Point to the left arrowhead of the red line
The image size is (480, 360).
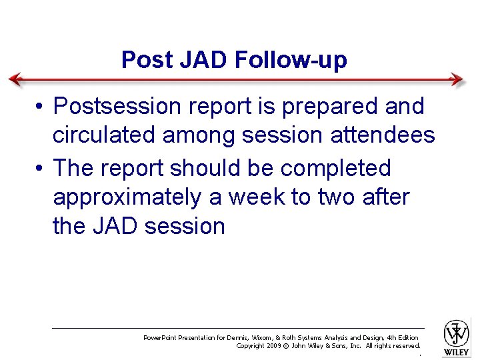15,79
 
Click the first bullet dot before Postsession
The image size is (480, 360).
41,107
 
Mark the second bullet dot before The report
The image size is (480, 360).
41,169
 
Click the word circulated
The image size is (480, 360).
105,136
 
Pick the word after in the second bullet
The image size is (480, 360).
386,197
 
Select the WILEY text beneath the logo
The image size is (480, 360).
457,352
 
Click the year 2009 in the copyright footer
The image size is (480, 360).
274,346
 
